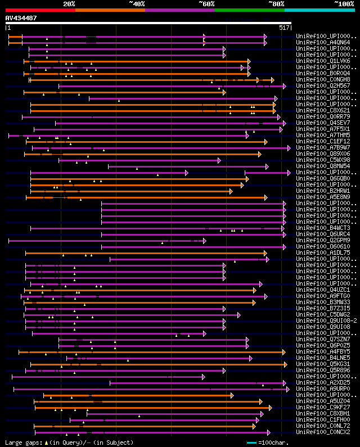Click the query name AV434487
pyautogui.click(x=21, y=18)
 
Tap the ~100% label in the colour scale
pyautogui.click(x=343, y=3)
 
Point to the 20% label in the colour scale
pyautogui.click(x=69, y=3)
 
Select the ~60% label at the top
pyautogui.click(x=206, y=3)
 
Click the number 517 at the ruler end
pyautogui.click(x=284, y=27)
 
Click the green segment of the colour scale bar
pyautogui.click(x=249, y=10)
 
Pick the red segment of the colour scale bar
pyautogui.click(x=40, y=10)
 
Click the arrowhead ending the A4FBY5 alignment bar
pyautogui.click(x=284, y=352)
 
